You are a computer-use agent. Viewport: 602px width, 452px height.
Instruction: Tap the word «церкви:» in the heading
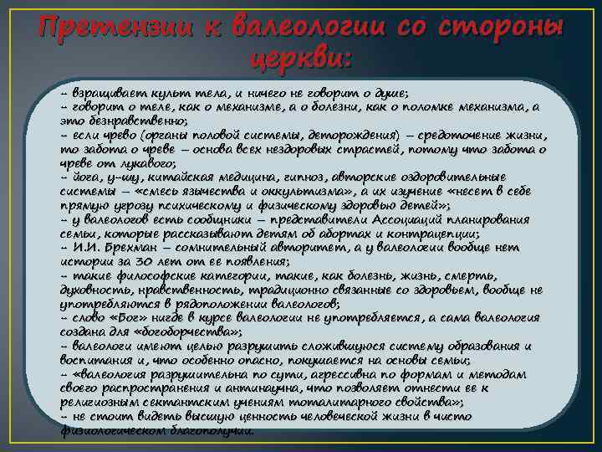coord(301,61)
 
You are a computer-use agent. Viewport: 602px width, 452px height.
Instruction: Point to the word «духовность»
coord(94,290)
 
